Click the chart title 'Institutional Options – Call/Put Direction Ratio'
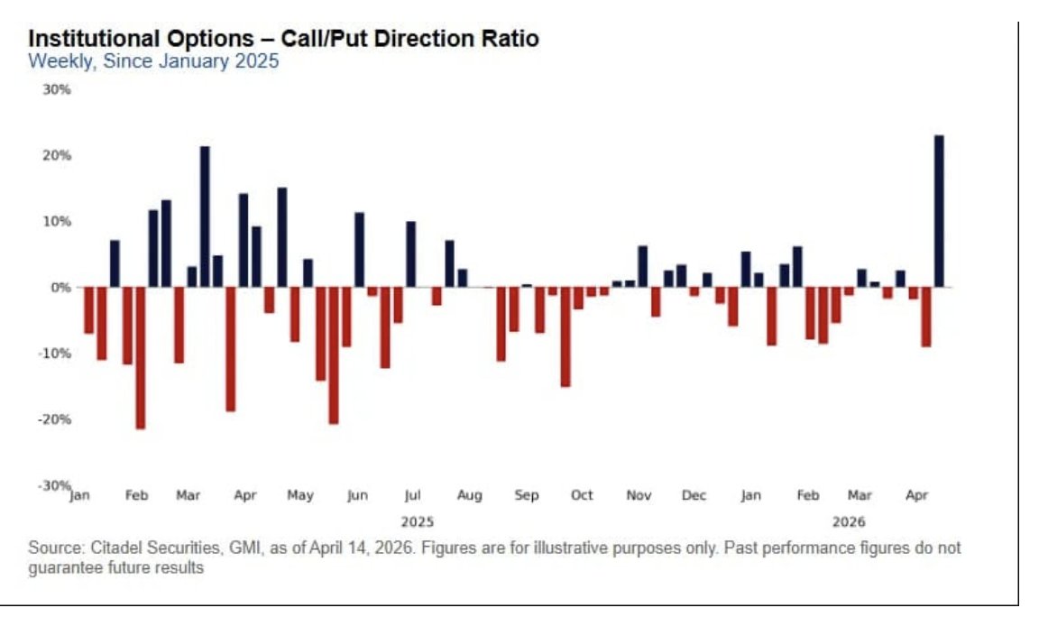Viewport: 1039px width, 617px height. (x=283, y=40)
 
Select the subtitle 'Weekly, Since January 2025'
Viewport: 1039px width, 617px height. (x=153, y=62)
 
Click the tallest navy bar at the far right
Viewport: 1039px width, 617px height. (x=939, y=211)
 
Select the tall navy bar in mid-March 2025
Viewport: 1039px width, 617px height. (x=205, y=216)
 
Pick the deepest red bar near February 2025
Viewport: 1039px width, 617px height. (x=140, y=357)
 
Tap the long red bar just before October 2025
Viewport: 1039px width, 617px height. (x=565, y=336)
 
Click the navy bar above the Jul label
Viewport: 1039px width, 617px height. (x=411, y=254)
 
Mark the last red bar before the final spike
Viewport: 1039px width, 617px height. (x=925, y=317)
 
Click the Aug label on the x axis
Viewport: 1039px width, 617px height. (x=469, y=495)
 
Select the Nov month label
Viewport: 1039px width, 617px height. (x=639, y=495)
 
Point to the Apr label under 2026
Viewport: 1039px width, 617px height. (x=916, y=495)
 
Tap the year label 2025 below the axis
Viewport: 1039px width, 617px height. (x=417, y=521)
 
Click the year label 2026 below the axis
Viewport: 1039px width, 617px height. (x=849, y=521)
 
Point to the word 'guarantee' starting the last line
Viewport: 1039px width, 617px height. (x=63, y=568)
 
